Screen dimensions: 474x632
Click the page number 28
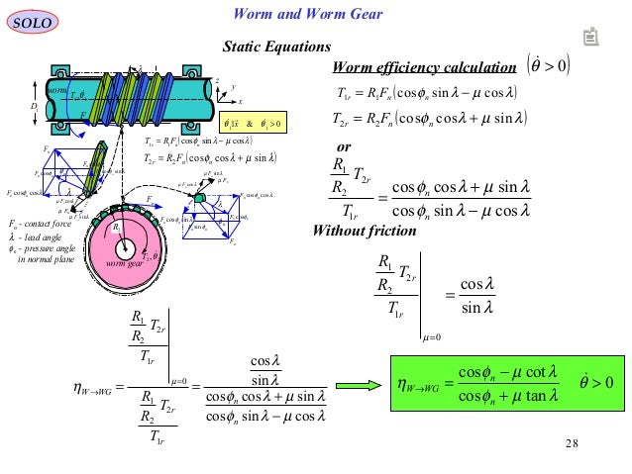[571, 441]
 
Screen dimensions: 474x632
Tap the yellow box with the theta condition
[253, 124]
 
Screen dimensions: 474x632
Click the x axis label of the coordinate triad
[239, 101]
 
